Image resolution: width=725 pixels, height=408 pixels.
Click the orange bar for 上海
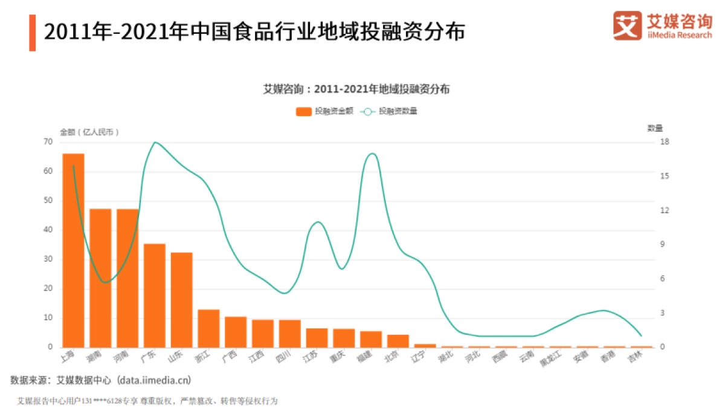click(73, 251)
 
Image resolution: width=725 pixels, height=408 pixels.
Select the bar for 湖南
click(100, 278)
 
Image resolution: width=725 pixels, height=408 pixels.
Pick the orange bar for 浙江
click(208, 328)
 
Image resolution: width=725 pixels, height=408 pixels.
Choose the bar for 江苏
click(317, 338)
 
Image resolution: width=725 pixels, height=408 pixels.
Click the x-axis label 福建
click(365, 357)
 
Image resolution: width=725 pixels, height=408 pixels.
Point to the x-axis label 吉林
click(634, 357)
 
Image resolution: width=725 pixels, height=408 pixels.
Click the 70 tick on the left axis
click(48, 142)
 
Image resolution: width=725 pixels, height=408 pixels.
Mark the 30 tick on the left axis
click(48, 259)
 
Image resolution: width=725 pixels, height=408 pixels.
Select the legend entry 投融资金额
click(324, 111)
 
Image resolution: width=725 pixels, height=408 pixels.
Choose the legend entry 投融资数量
click(389, 111)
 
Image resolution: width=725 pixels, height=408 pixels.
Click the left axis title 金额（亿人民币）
click(89, 131)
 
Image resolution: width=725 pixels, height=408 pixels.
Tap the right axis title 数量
click(655, 128)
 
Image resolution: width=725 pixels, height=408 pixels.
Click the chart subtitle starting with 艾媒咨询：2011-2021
click(356, 89)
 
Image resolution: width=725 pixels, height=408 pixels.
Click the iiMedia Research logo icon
click(627, 26)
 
